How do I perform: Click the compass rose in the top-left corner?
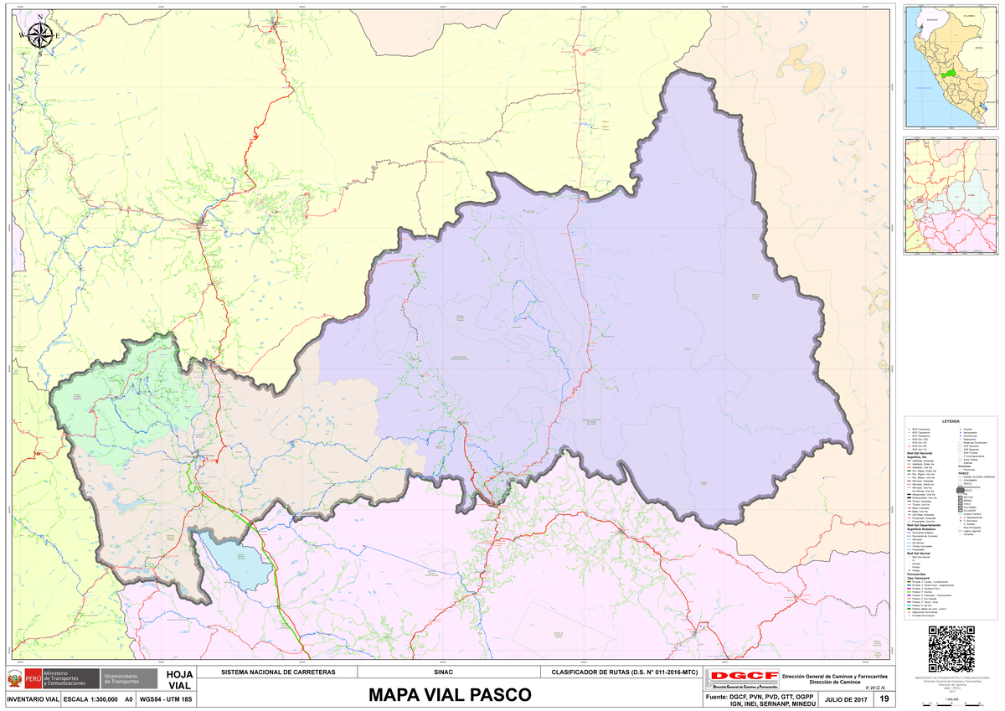click(39, 35)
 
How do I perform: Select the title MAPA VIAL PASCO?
click(450, 695)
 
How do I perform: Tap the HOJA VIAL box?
click(180, 680)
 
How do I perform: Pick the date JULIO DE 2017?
click(847, 699)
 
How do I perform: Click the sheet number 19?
click(884, 699)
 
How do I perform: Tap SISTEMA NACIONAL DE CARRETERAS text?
click(277, 672)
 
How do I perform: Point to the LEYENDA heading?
click(951, 420)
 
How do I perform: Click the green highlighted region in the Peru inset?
click(947, 74)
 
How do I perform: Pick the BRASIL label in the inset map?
click(979, 50)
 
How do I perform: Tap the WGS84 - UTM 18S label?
click(166, 699)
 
